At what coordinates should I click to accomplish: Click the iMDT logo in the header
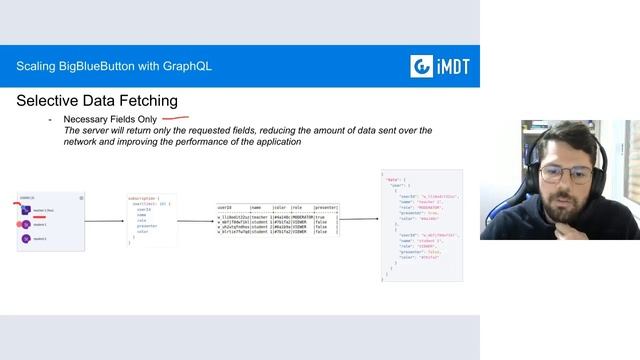click(x=440, y=67)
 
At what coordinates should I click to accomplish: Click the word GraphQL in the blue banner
click(x=184, y=67)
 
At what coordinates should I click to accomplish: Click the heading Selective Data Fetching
click(x=97, y=101)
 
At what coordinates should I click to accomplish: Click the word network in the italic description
click(x=87, y=142)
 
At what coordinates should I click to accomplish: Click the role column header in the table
click(x=296, y=208)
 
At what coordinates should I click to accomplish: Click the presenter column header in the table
click(x=326, y=208)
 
